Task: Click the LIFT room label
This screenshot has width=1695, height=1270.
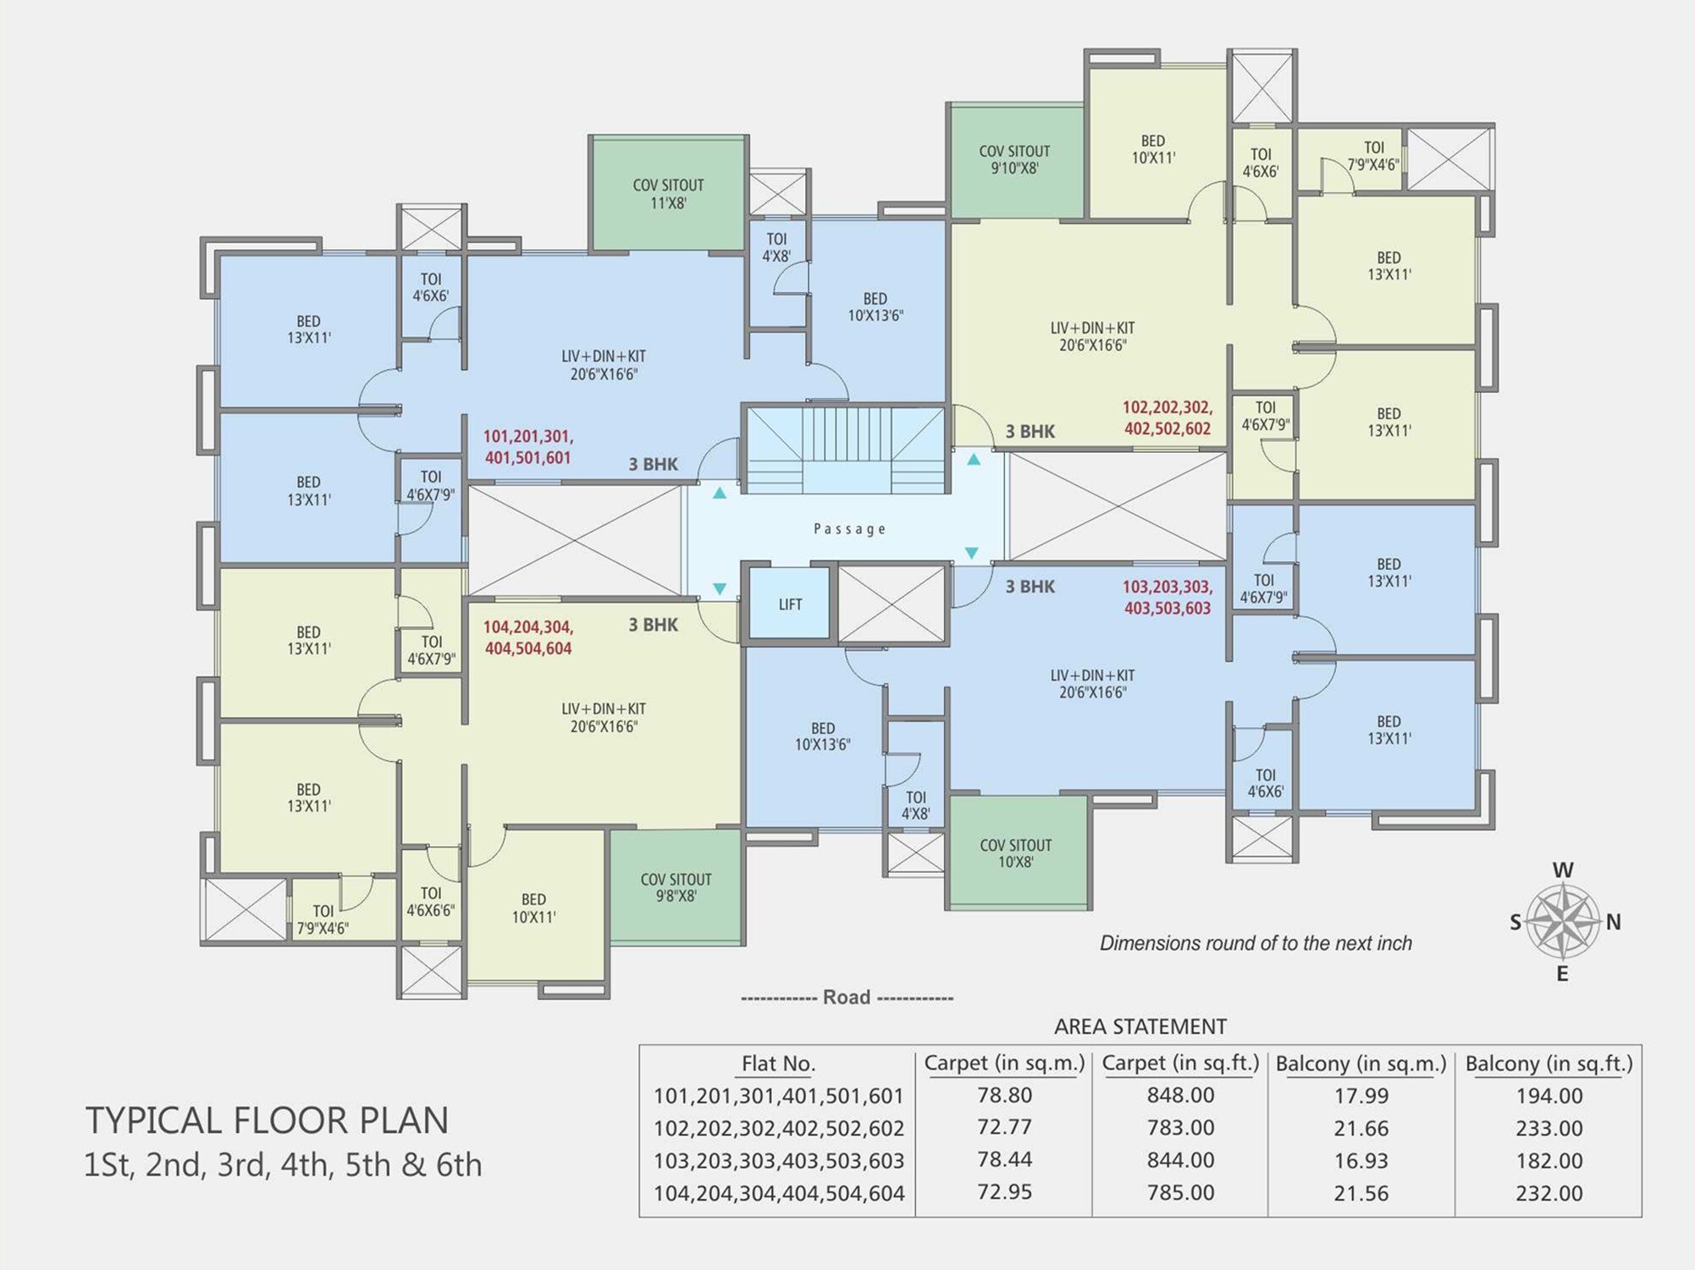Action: point(790,605)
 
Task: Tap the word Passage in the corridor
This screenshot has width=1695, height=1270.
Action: point(849,529)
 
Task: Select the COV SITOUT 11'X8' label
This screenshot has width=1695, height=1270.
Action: point(668,194)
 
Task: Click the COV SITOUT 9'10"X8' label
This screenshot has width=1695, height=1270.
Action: point(1014,159)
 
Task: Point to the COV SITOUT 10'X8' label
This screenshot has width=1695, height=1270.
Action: point(1015,853)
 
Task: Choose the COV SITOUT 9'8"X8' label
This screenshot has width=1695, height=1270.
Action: point(676,887)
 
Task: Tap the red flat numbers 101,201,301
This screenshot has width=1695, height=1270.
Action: point(528,437)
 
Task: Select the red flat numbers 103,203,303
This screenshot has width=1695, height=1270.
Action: point(1167,587)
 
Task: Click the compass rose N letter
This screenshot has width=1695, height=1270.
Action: point(1613,922)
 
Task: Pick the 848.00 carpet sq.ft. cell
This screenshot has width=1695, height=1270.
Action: point(1180,1096)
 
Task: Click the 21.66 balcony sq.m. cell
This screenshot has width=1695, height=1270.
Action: point(1361,1128)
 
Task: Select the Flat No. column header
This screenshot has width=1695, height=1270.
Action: point(777,1063)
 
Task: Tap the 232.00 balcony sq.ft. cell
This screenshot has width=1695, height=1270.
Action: point(1549,1193)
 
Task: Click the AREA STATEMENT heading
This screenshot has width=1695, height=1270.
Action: point(1140,1026)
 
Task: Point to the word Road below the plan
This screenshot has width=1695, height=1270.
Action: point(847,997)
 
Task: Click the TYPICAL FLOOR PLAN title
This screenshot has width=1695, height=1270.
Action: point(267,1120)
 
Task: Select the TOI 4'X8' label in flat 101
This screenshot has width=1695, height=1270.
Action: point(776,247)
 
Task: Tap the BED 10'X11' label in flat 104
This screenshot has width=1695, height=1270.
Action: point(533,908)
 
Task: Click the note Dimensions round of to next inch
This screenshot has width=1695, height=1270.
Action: point(1255,943)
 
